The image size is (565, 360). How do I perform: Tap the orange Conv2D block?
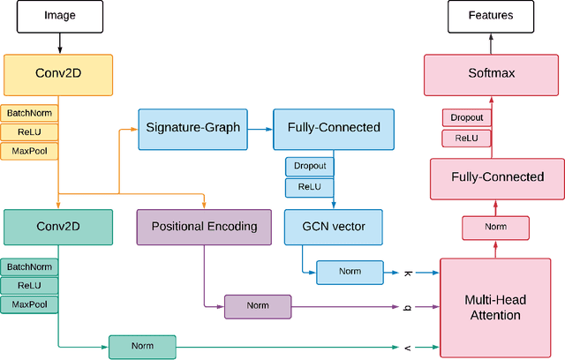click(58, 75)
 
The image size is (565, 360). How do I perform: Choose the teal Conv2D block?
click(58, 227)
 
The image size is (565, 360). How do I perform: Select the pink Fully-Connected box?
click(497, 176)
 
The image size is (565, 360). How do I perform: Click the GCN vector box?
click(334, 227)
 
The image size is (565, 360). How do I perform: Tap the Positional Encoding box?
click(204, 227)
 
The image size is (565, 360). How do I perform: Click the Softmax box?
click(491, 75)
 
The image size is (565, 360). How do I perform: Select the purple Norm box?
click(257, 306)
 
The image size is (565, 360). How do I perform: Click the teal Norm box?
click(142, 347)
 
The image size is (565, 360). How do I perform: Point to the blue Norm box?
click(350, 272)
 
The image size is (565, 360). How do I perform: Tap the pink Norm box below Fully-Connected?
click(495, 228)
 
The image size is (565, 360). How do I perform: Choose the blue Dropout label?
click(309, 166)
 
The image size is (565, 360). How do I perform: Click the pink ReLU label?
click(466, 138)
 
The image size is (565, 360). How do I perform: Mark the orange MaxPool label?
click(30, 151)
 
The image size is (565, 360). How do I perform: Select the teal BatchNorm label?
click(30, 266)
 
